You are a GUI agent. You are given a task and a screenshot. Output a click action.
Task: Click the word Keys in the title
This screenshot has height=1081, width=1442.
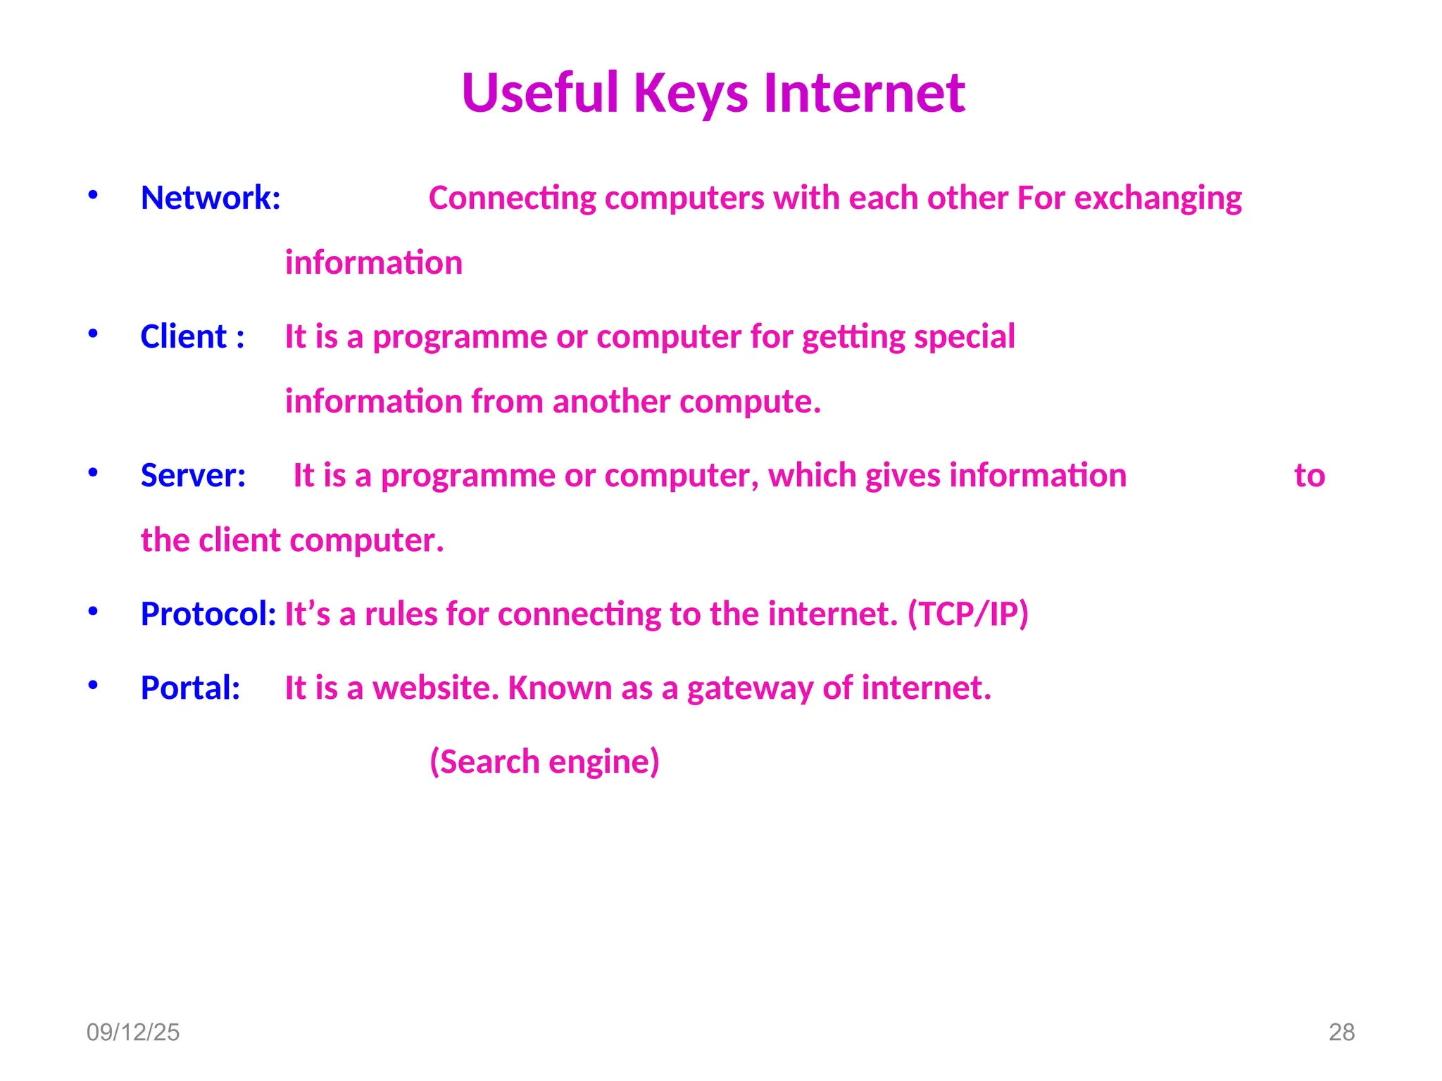point(690,94)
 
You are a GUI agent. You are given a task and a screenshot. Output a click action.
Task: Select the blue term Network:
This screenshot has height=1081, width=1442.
point(211,198)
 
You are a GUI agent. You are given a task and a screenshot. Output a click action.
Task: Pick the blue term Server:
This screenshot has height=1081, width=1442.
point(193,475)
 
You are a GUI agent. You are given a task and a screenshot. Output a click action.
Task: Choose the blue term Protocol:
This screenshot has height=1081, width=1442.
point(208,614)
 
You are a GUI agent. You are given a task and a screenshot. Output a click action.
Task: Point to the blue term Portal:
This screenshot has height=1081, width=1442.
point(190,688)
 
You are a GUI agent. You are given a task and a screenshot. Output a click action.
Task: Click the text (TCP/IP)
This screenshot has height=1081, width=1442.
point(968,614)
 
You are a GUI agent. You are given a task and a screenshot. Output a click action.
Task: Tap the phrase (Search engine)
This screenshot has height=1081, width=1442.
point(544,761)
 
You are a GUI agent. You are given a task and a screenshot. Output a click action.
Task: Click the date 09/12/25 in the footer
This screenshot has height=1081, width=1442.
point(133,1032)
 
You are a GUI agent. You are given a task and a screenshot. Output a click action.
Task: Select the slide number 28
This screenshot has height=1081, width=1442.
point(1341,1032)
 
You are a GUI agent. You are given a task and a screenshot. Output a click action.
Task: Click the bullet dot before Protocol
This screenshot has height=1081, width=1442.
point(93,612)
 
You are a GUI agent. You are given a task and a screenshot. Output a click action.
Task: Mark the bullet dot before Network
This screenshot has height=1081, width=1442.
point(93,196)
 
